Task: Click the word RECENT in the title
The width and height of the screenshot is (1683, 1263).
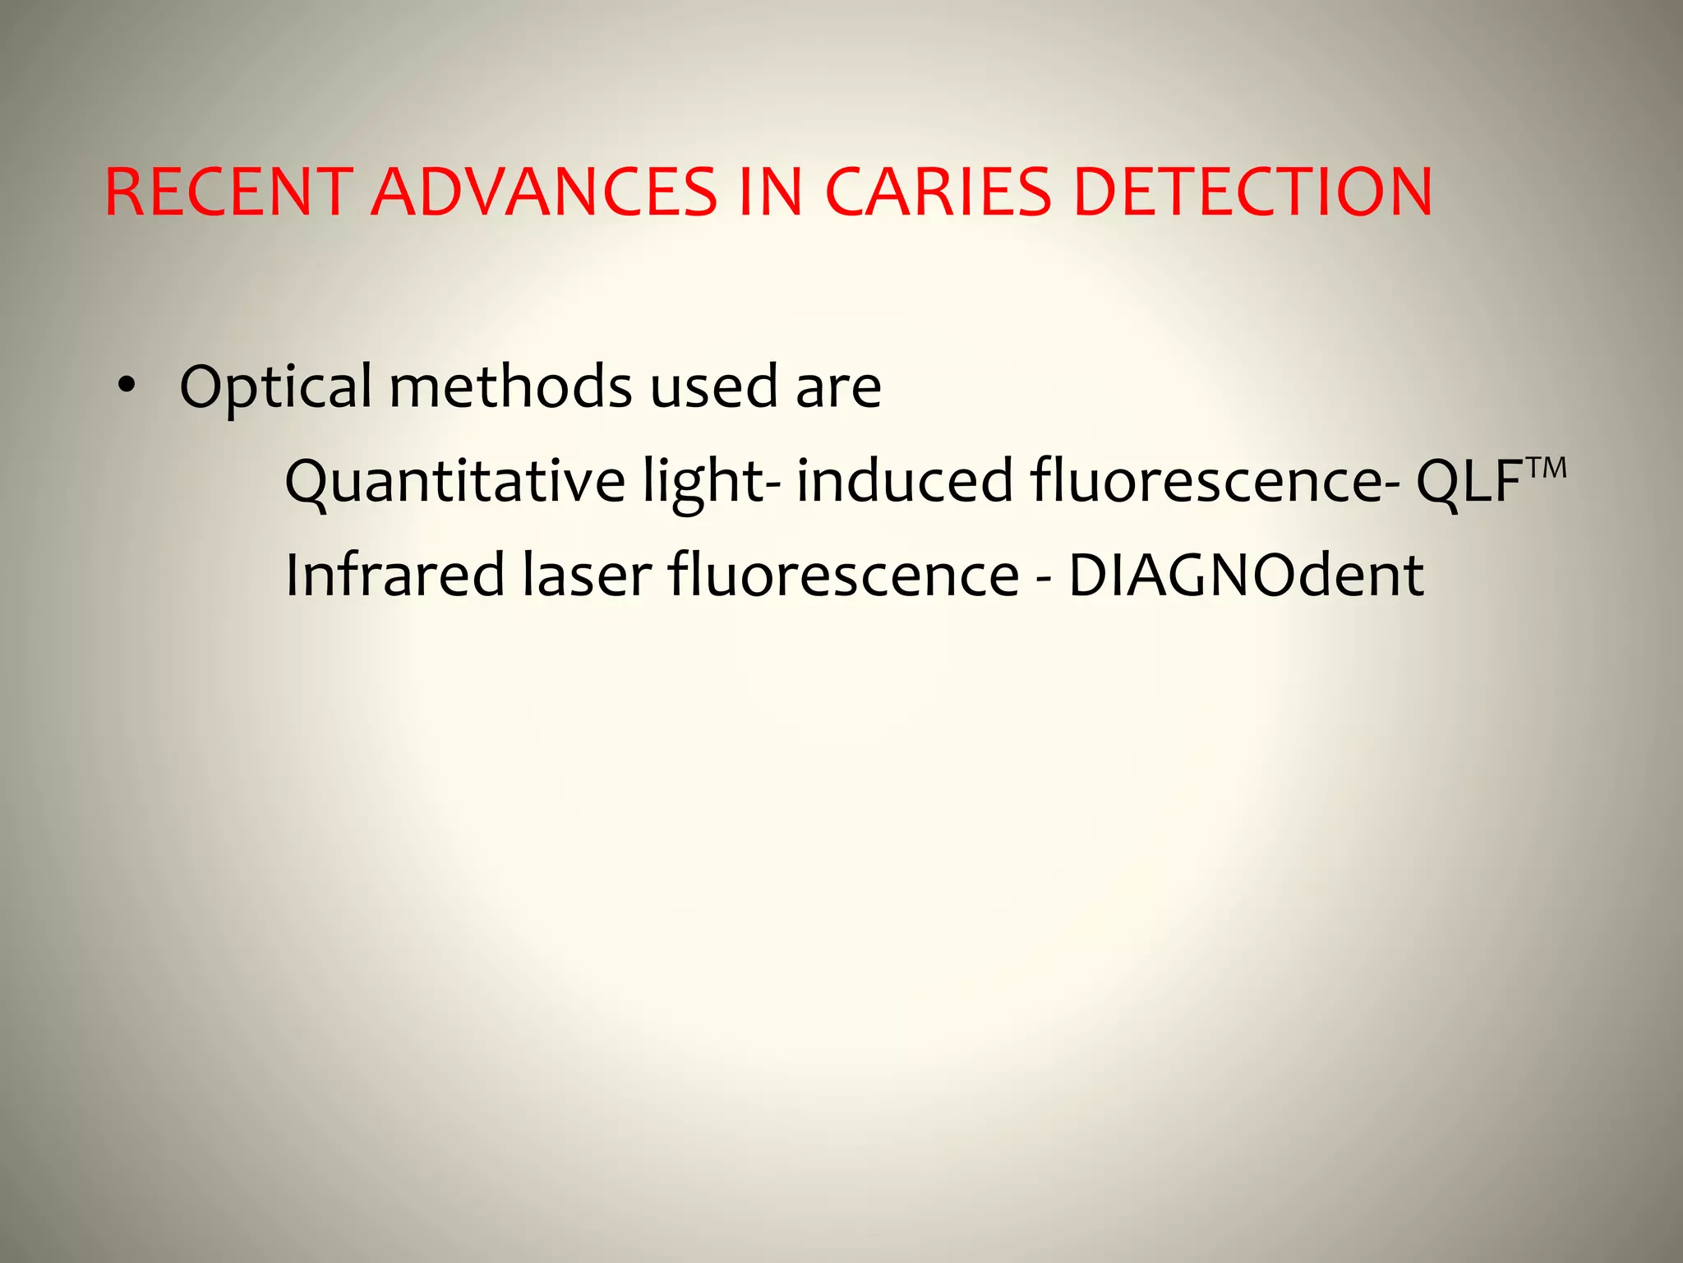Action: [x=228, y=193]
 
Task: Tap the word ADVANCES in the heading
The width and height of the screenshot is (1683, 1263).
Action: [x=544, y=193]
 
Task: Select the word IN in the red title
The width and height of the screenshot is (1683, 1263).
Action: [x=770, y=193]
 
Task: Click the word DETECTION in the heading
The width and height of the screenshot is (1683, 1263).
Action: [x=1253, y=193]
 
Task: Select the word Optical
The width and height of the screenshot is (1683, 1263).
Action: [x=275, y=386]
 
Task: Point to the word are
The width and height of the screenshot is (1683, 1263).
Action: [x=838, y=386]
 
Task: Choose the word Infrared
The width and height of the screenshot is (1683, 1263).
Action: [x=394, y=575]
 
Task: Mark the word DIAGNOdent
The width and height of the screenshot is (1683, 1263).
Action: [x=1246, y=575]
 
